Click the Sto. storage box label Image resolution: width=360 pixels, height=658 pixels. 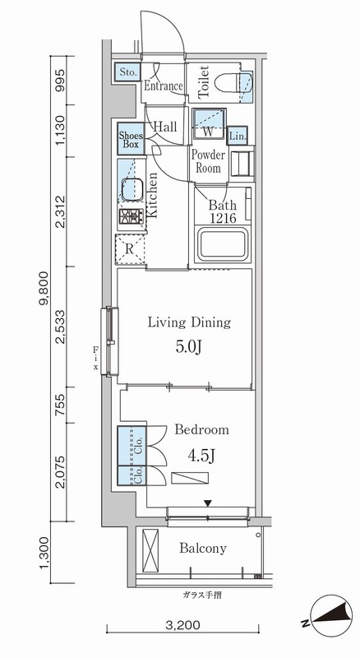127,72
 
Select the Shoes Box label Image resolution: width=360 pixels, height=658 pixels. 131,139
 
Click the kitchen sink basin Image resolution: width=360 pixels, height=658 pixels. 132,189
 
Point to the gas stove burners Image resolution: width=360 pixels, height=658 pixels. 132,217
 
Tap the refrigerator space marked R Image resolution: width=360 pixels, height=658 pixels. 130,249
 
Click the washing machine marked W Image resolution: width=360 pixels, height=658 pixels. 209,123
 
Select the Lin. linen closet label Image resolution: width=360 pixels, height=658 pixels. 237,136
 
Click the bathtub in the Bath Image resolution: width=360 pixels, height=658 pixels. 222,244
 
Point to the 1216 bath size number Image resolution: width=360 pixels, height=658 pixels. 223,218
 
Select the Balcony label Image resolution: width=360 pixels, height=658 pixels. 203,548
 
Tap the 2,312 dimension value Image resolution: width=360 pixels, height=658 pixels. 62,211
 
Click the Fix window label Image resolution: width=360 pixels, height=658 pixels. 96,358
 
